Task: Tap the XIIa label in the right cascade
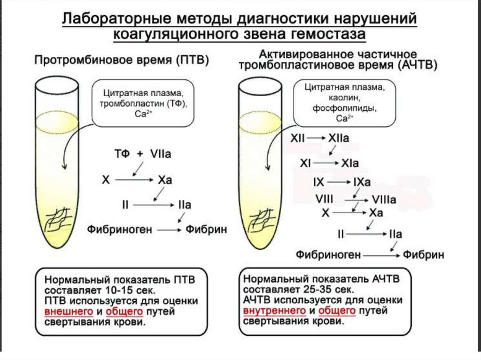click(x=339, y=138)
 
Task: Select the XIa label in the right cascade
click(x=350, y=163)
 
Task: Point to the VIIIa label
click(x=384, y=199)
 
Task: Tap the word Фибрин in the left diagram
click(x=206, y=230)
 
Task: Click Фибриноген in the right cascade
click(x=328, y=255)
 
